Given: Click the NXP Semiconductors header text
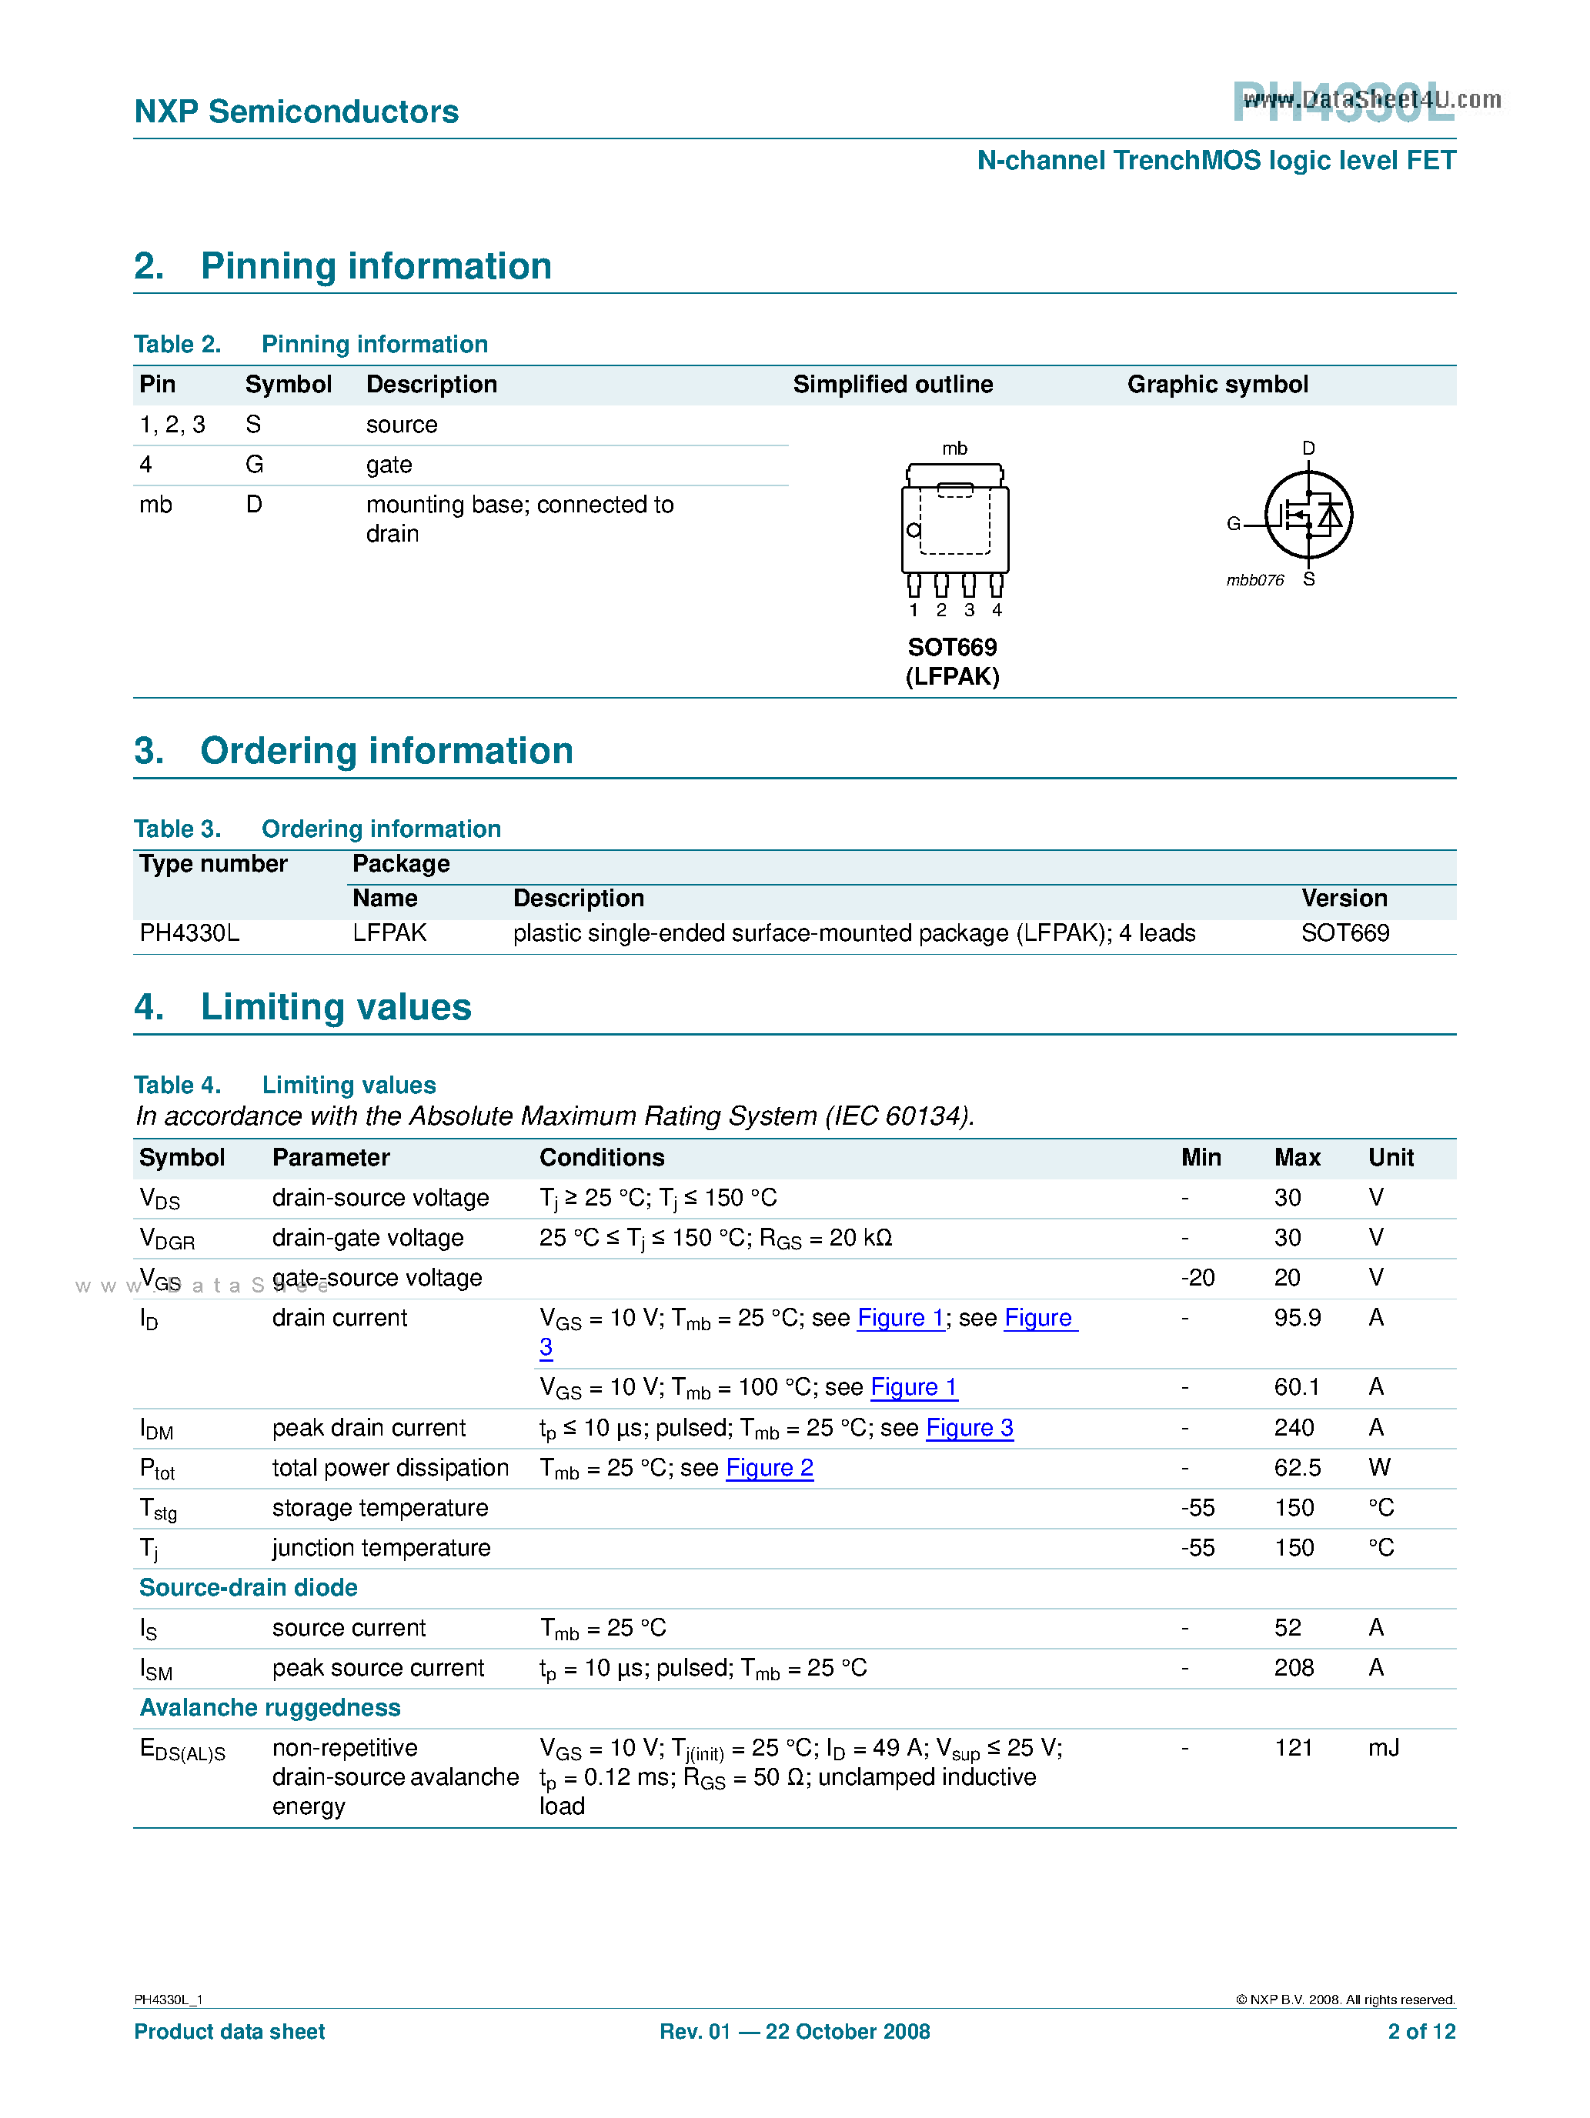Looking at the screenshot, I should pos(296,112).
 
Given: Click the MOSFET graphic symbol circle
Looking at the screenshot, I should pos(1308,515).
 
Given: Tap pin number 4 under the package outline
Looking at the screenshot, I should pos(996,610).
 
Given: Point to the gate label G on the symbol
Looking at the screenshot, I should pos(1233,524).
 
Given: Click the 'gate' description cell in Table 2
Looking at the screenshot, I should pos(389,465).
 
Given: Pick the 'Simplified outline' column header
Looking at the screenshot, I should pos(892,385).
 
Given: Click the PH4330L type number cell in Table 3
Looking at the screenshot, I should pos(189,932).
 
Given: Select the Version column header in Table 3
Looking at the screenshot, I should pos(1343,898).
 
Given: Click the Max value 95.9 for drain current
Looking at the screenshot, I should pos(1296,1319).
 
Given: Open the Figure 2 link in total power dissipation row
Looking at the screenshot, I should pos(769,1468).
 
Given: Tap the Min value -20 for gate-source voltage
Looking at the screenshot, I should pos(1198,1279).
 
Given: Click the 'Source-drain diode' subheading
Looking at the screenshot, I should pos(248,1588).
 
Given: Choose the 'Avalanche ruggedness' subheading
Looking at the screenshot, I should pos(270,1708).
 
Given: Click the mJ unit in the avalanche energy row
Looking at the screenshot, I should pos(1383,1749).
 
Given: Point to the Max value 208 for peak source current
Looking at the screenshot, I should pos(1293,1668).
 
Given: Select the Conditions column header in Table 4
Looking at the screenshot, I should pos(602,1158).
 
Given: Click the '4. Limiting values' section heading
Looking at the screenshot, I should pos(302,1007).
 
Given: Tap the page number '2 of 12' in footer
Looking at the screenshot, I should pos(1421,2032).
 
